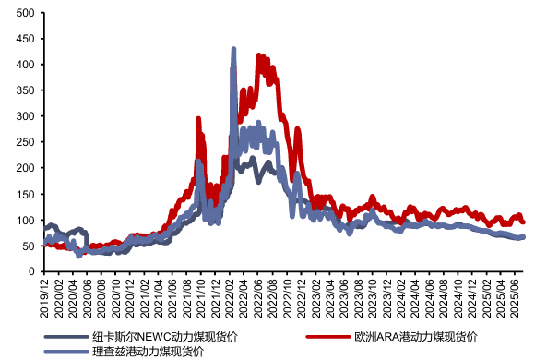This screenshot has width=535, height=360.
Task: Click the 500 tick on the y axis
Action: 25,13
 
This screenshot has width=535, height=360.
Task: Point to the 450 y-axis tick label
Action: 25,39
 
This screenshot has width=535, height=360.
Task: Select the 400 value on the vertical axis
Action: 25,65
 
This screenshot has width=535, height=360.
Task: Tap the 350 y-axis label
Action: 25,90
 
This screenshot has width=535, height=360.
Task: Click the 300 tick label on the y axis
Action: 25,116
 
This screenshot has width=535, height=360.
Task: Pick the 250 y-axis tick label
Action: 25,142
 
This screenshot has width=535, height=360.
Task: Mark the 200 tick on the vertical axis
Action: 25,168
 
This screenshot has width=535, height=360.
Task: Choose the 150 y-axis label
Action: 25,194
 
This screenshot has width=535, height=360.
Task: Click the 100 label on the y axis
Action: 25,220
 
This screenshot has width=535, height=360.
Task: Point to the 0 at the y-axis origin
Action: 30,271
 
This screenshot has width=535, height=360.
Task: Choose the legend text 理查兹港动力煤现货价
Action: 148,351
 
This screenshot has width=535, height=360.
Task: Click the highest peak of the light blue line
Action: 233,49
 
